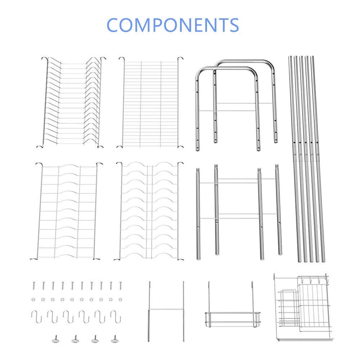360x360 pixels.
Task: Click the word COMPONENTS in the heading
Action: [173, 25]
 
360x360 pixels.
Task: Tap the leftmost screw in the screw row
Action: [34, 285]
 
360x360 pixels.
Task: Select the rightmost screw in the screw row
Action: [120, 285]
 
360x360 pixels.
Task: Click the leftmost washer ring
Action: [33, 300]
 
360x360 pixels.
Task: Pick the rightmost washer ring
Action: [120, 300]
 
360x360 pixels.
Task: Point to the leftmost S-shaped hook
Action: [36, 316]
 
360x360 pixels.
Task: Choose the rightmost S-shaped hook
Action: [116, 316]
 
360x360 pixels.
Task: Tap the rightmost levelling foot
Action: [115, 339]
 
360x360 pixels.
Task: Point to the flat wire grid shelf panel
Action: [150, 102]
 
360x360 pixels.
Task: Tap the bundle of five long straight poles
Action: [306, 159]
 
